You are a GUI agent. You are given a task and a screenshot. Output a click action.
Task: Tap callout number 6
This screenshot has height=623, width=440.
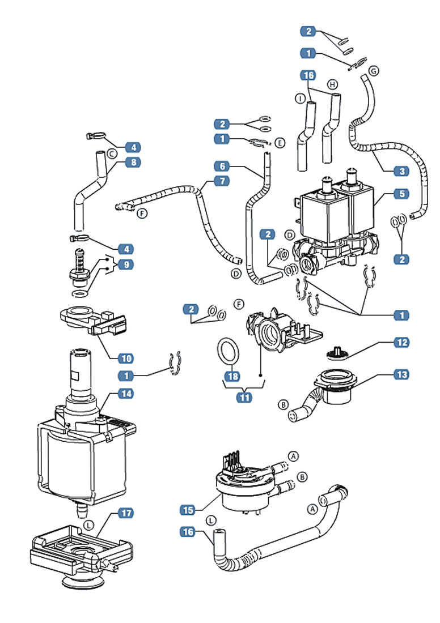(222, 167)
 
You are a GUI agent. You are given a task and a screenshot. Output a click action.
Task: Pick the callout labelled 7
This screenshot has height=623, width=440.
(222, 181)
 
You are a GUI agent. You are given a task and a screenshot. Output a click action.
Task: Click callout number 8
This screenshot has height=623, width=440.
(134, 162)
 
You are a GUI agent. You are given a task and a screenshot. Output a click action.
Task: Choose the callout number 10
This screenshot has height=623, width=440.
(126, 358)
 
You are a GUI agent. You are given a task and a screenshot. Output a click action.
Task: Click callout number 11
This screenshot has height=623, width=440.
(244, 397)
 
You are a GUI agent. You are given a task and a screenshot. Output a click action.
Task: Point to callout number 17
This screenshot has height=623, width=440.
(126, 513)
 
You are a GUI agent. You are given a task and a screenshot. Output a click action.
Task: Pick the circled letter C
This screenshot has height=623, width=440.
(112, 154)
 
